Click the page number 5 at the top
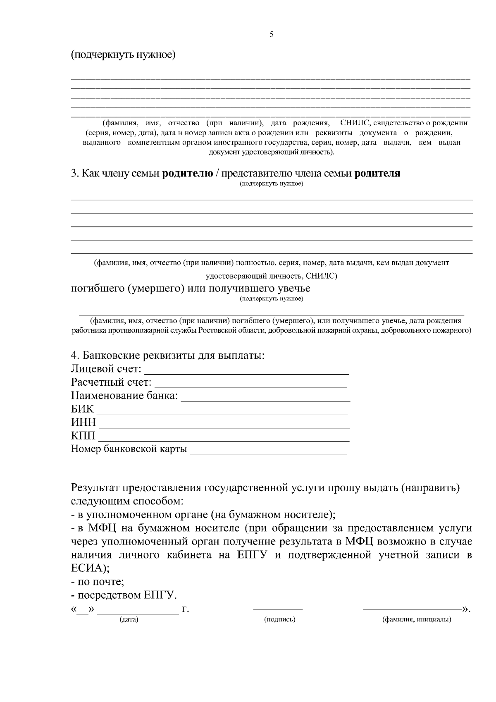point(271,35)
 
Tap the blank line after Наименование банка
point(266,400)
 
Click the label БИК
point(83,409)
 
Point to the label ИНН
point(83,423)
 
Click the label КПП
point(83,436)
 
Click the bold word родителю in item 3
point(187,173)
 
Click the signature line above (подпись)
point(278,609)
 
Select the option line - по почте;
point(98,582)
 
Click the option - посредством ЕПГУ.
point(124,595)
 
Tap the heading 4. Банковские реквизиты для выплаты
point(168,355)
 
